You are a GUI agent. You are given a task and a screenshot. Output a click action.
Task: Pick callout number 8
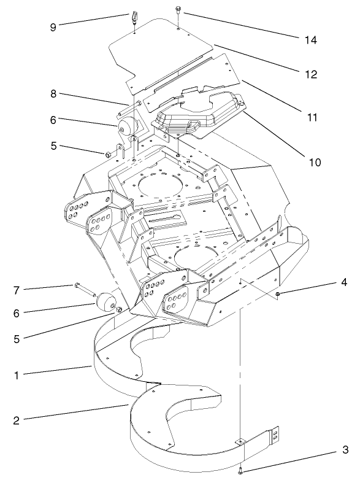click(55, 94)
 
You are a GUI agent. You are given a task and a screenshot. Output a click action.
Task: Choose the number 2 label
click(17, 420)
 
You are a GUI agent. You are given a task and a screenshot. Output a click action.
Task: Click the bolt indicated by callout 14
click(177, 10)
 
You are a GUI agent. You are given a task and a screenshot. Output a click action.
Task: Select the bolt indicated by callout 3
click(240, 471)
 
